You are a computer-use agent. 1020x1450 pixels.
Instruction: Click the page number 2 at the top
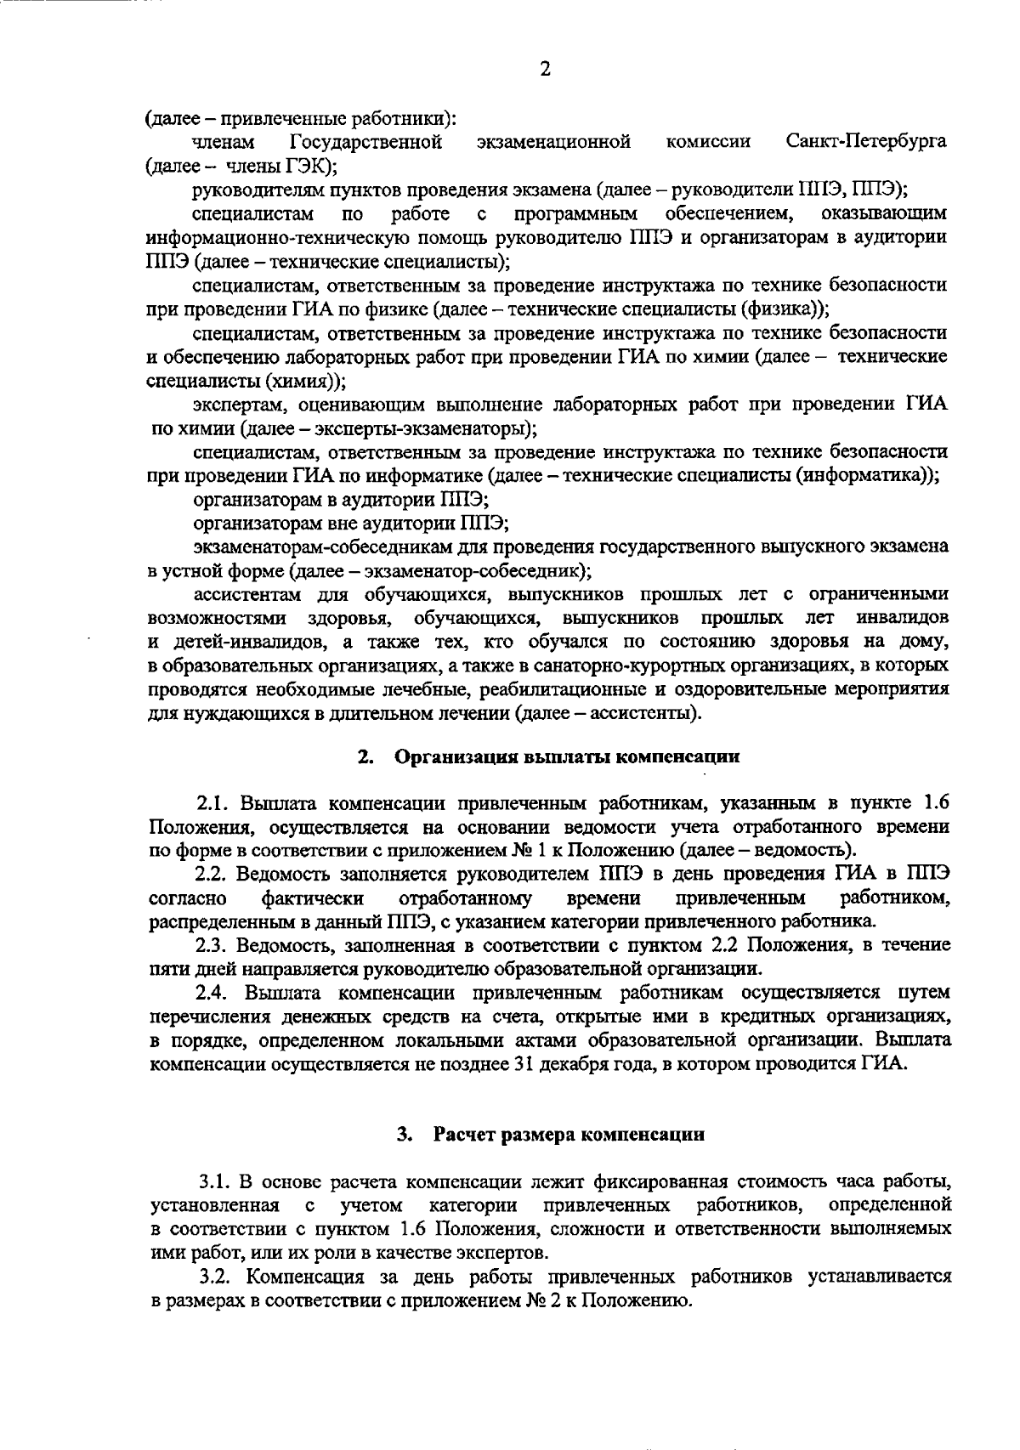pos(545,70)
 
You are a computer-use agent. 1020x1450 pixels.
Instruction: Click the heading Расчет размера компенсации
pos(569,1135)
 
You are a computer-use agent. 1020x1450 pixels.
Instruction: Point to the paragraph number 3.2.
pos(216,1276)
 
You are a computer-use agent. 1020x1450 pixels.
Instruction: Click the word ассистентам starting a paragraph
pos(241,593)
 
